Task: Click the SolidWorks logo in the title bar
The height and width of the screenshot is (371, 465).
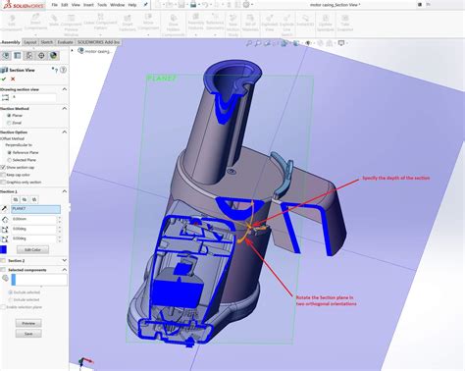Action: click(x=19, y=4)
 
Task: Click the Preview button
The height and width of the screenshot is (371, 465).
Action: click(x=28, y=322)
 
